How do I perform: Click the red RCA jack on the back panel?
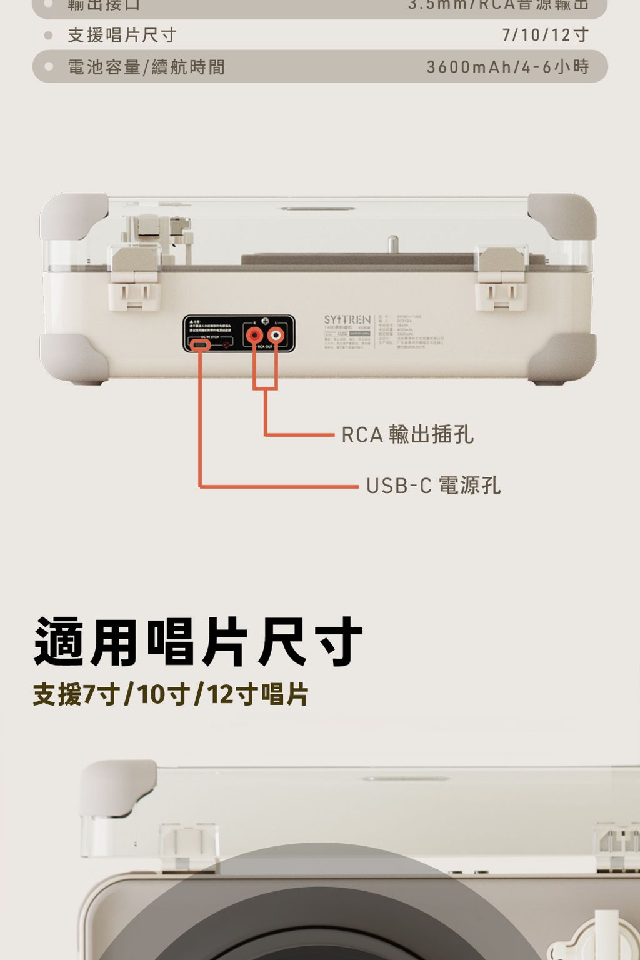[254, 336]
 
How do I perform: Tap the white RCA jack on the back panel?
[276, 336]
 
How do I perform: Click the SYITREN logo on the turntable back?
[347, 319]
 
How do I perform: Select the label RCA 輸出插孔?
[407, 434]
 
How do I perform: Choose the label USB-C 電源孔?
[433, 485]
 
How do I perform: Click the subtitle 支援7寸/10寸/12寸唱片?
[171, 694]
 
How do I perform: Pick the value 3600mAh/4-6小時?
[507, 67]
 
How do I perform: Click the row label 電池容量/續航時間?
[146, 67]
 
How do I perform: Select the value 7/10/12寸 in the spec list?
[545, 35]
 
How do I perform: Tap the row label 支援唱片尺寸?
[122, 35]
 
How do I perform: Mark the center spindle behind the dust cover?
[392, 244]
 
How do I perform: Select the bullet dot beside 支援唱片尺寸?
[48, 35]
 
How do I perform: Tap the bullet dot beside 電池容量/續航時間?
[48, 66]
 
